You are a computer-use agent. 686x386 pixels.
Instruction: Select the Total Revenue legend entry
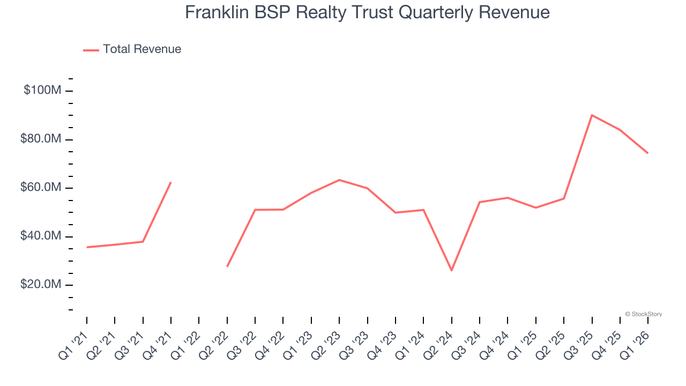[132, 49]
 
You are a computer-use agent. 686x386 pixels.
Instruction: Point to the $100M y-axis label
[42, 90]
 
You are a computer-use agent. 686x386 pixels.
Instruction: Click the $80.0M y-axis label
[41, 139]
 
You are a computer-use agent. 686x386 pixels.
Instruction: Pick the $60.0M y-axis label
[41, 188]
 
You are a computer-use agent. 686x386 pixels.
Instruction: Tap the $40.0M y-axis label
[41, 236]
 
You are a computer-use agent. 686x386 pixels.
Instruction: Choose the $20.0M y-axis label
[41, 285]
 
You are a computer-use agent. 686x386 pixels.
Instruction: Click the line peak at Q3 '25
[592, 115]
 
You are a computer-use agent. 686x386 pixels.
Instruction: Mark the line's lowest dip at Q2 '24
[451, 270]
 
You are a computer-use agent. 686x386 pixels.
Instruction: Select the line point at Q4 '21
[170, 182]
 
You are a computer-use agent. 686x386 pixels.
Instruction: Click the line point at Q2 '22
[227, 266]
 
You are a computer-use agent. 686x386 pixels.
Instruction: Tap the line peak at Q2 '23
[339, 180]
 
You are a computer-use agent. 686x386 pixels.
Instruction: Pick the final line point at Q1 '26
[647, 153]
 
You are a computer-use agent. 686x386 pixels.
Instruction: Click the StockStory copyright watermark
[643, 314]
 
